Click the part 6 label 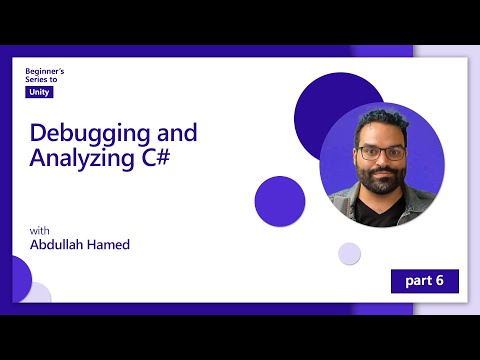click(x=424, y=281)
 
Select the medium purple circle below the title click(x=280, y=200)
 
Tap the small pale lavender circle click(x=349, y=253)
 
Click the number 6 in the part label click(x=440, y=281)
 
